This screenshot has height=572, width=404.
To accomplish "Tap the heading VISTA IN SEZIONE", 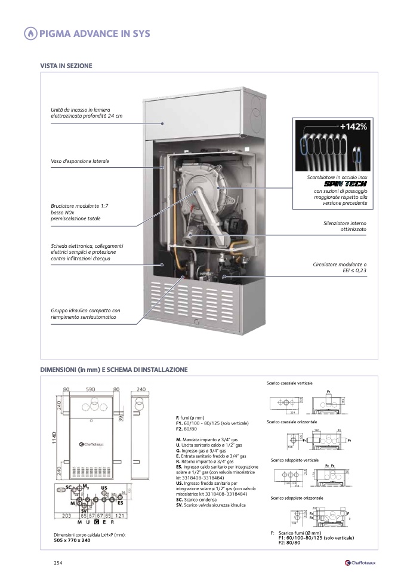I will coord(66,65).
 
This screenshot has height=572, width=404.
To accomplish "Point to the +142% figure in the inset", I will coord(353,127).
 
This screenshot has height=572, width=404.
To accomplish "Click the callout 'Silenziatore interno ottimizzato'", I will coord(344,226).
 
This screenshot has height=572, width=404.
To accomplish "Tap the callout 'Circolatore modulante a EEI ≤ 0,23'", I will coord(340,267).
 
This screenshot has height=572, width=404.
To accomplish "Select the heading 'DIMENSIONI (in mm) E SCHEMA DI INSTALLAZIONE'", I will coord(113,370).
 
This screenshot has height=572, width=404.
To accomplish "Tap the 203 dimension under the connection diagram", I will coord(66,515).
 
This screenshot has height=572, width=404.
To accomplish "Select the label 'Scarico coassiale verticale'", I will coord(289,382).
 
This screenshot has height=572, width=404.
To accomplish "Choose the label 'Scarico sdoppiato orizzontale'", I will coord(297,497).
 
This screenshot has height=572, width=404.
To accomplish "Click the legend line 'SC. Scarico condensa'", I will coord(196,499).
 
